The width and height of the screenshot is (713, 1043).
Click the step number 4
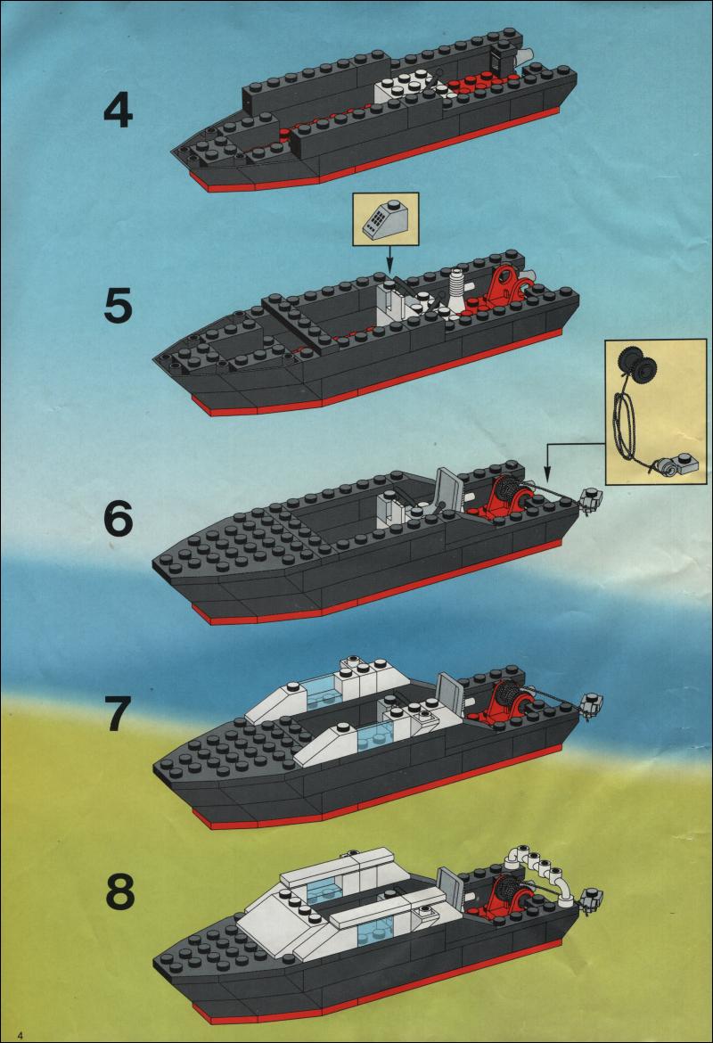pos(119,111)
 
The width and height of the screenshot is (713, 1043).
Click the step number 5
pos(119,307)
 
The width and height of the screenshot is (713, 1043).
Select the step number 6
pos(119,520)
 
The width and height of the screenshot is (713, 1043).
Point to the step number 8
pos(119,892)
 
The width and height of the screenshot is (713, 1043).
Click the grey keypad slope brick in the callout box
pos(385,218)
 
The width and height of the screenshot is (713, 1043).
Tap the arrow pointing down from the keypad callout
pos(389,259)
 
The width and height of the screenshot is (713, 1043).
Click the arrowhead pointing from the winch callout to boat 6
pos(546,476)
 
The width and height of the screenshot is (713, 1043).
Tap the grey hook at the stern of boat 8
pos(591,899)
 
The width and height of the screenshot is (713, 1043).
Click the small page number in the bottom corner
pos(20,1035)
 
